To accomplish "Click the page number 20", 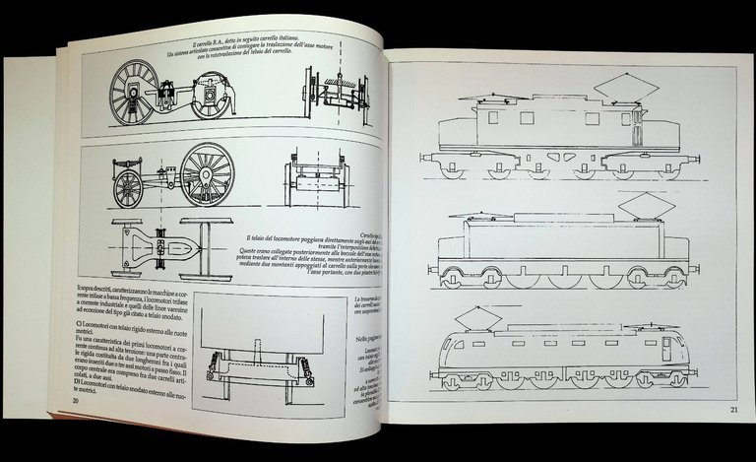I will pos(76,401).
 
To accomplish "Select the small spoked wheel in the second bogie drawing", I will pos(129,189).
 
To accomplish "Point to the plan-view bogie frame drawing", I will pos(161,240).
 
